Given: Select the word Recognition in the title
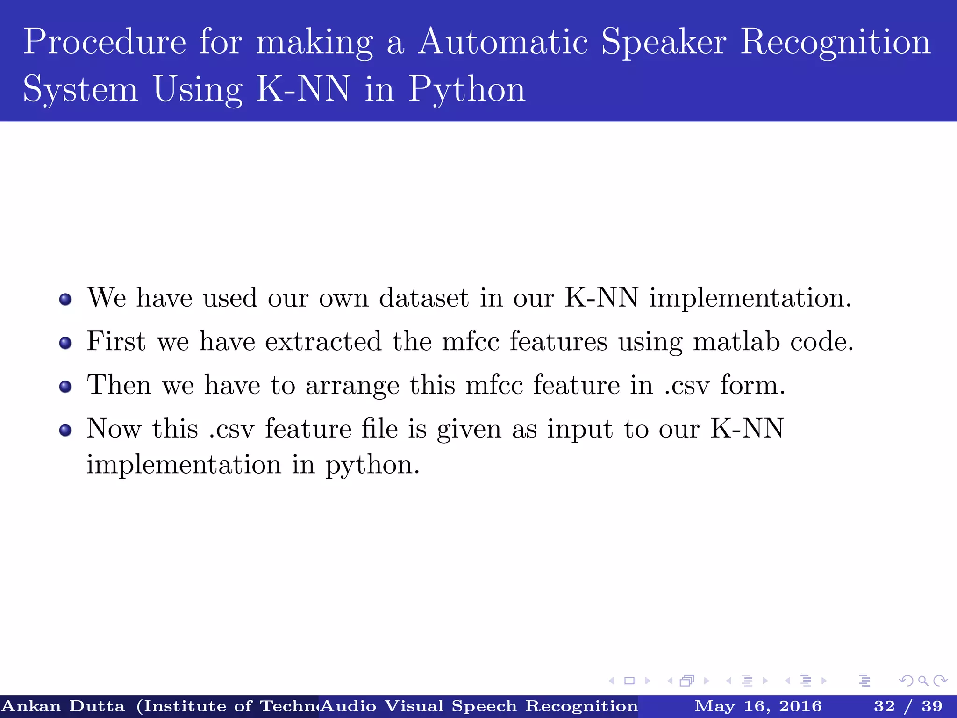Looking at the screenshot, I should point(836,42).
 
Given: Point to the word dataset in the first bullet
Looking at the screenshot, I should point(423,298).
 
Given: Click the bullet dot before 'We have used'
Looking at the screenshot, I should point(65,299).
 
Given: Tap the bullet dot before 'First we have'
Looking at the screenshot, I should point(65,344).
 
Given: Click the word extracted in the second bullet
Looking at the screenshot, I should point(323,341).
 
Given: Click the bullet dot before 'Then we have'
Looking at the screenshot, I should point(65,387).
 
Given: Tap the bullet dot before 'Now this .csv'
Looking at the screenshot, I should point(65,430).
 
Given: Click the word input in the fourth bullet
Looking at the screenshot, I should point(579,429).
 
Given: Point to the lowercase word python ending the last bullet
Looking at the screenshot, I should point(372,466).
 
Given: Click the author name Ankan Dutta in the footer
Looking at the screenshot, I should point(64,706).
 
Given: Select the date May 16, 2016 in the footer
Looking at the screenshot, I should point(758,706).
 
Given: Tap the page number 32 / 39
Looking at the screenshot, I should point(908,706).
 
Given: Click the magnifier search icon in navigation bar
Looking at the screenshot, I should point(923,681).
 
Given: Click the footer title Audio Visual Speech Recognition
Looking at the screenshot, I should point(479,706).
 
